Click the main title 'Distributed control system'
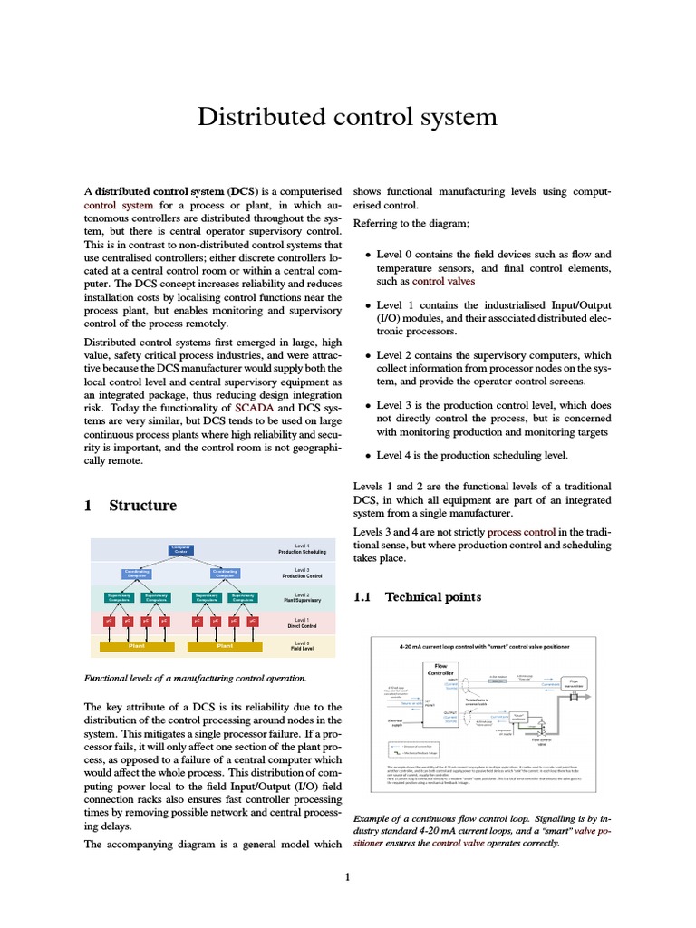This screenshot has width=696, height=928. (348, 117)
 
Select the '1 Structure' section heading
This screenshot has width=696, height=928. (130, 505)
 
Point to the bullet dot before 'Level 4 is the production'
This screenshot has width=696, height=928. (367, 456)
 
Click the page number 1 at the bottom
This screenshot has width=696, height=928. (347, 876)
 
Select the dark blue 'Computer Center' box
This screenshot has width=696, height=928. (181, 549)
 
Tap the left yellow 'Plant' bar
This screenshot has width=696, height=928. (137, 646)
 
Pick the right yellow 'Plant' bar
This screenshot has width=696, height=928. (225, 646)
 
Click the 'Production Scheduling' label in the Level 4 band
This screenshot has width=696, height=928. (302, 552)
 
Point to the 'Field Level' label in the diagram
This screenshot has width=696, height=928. (302, 648)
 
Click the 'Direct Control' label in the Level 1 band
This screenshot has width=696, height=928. (302, 625)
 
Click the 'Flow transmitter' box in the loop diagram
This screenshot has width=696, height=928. (573, 683)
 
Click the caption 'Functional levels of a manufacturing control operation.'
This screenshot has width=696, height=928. (195, 678)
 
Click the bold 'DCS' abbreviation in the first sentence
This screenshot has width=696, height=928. (242, 192)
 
